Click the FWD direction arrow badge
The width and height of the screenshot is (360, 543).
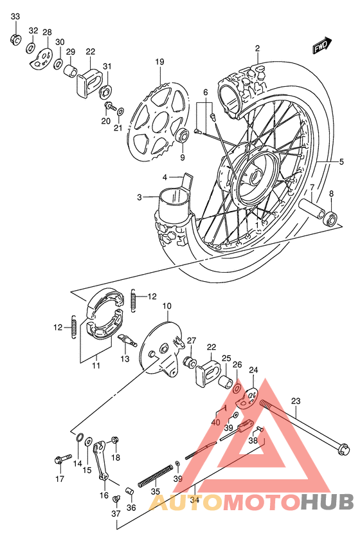click(x=321, y=46)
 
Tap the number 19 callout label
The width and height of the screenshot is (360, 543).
click(x=159, y=62)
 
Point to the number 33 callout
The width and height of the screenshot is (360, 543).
click(x=15, y=16)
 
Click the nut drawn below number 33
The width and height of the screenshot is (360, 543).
click(x=15, y=41)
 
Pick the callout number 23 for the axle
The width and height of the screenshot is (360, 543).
click(x=295, y=401)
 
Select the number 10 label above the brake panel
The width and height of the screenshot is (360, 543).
click(x=166, y=306)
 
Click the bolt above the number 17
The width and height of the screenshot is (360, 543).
click(x=61, y=460)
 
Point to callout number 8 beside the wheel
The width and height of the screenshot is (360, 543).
click(x=332, y=194)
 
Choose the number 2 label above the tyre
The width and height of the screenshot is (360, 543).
click(x=256, y=48)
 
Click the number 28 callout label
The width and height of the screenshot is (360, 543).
click(x=47, y=32)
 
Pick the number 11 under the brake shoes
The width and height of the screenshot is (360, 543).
click(x=96, y=366)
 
